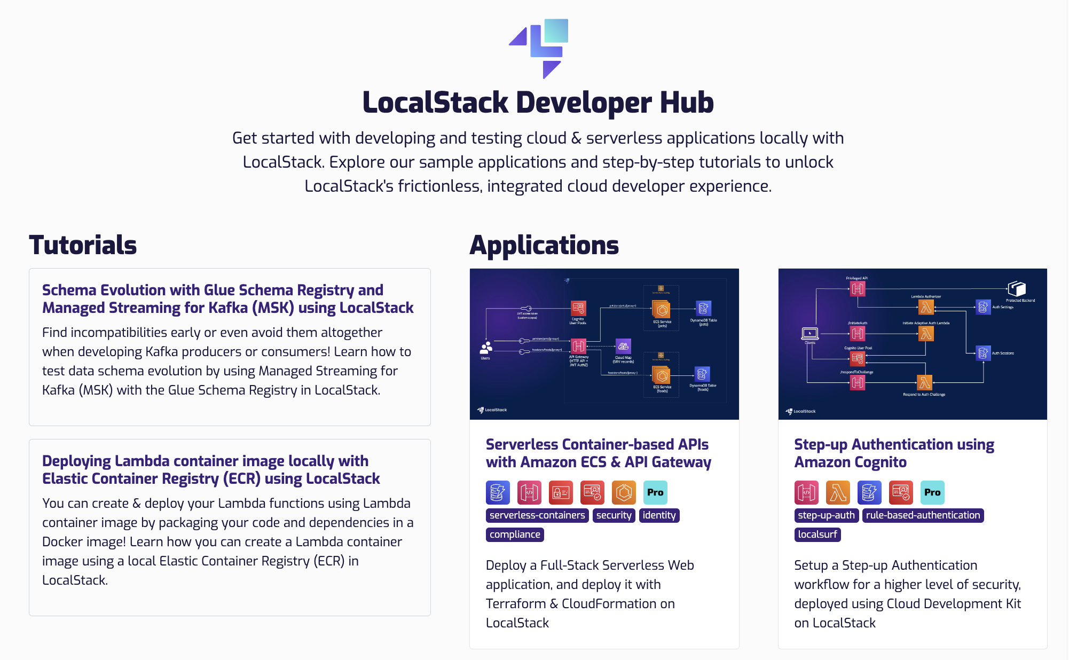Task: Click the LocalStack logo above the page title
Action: pyautogui.click(x=538, y=48)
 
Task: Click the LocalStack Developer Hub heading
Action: pyautogui.click(x=538, y=103)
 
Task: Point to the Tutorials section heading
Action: pyautogui.click(x=83, y=245)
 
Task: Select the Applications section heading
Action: pyautogui.click(x=544, y=245)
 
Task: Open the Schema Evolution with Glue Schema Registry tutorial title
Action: pyautogui.click(x=227, y=299)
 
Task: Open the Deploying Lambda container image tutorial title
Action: pyautogui.click(x=211, y=470)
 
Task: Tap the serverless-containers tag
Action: pyautogui.click(x=537, y=515)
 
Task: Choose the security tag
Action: pyautogui.click(x=614, y=515)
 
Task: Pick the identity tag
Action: pyautogui.click(x=659, y=515)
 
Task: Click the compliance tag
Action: pyautogui.click(x=515, y=535)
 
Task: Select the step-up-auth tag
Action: pyautogui.click(x=826, y=515)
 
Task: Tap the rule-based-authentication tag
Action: pyautogui.click(x=923, y=515)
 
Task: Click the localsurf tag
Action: pyautogui.click(x=818, y=535)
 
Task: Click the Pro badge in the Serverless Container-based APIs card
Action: pyautogui.click(x=655, y=492)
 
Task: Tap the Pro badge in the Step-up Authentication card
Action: pyautogui.click(x=932, y=492)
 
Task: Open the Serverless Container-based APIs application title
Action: pyautogui.click(x=598, y=453)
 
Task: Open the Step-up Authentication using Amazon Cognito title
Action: pyautogui.click(x=894, y=453)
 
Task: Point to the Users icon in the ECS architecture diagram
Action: pyautogui.click(x=485, y=348)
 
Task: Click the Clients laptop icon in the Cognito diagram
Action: pyautogui.click(x=809, y=334)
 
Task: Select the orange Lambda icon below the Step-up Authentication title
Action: pyautogui.click(x=838, y=492)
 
